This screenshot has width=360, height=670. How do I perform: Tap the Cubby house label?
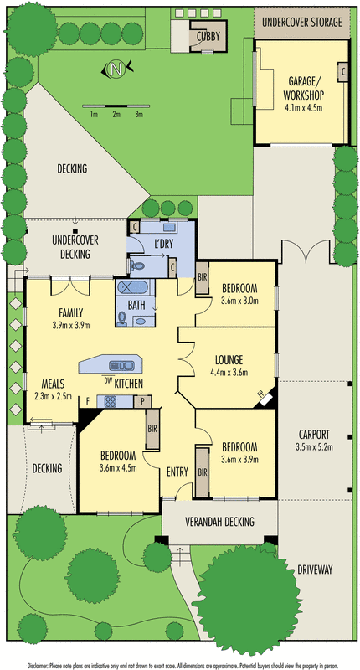coord(208,37)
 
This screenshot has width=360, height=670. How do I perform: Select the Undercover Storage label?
coord(302,22)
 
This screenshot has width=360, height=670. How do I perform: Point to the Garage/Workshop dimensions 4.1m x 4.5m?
coord(303,107)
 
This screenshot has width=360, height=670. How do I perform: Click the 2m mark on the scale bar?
coord(116,114)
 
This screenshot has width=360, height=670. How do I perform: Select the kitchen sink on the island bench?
coord(122,366)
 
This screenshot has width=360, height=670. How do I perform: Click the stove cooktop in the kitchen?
coord(111,401)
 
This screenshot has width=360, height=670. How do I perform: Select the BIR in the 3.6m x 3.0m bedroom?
coord(202,278)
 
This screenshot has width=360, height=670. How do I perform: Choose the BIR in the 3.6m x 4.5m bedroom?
coord(152,429)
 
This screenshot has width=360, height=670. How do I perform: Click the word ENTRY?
coord(177,472)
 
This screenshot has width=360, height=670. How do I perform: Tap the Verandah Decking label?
coord(219,521)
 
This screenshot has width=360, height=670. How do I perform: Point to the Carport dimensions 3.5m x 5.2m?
coord(314,447)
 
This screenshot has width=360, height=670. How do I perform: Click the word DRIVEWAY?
coord(315,569)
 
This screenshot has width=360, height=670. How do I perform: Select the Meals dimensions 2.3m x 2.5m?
coord(53,395)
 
